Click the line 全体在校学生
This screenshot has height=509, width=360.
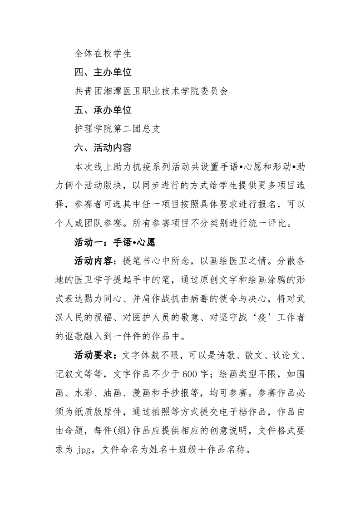point(103,54)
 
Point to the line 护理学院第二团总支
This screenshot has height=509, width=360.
point(118,129)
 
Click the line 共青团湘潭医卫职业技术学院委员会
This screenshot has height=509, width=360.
point(151,91)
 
